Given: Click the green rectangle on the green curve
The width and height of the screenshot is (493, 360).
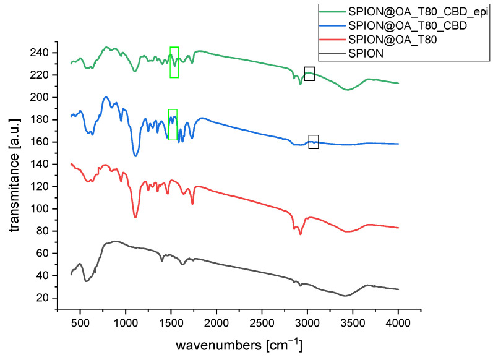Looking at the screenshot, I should [x=174, y=62].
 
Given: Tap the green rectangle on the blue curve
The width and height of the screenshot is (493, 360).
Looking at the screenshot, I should [x=173, y=124].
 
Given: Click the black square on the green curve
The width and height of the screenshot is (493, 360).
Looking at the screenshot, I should [x=309, y=74].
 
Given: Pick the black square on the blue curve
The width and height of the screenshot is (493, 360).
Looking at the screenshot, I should [x=314, y=142].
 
